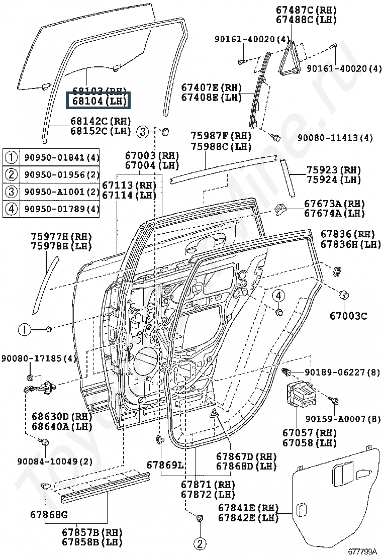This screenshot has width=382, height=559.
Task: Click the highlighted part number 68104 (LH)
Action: (x=99, y=101)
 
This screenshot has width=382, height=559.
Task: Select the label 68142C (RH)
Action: (x=101, y=121)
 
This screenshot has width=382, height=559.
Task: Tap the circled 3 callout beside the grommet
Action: (x=143, y=132)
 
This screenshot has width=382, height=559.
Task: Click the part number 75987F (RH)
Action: (x=221, y=136)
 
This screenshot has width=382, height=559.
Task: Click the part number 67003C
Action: (x=348, y=316)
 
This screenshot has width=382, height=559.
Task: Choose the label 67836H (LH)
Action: (x=351, y=244)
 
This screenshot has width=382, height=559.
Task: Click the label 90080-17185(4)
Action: (x=38, y=358)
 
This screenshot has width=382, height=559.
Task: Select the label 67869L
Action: (x=165, y=465)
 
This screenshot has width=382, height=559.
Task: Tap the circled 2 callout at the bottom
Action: (x=200, y=543)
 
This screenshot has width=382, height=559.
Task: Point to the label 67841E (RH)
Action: (x=248, y=508)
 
